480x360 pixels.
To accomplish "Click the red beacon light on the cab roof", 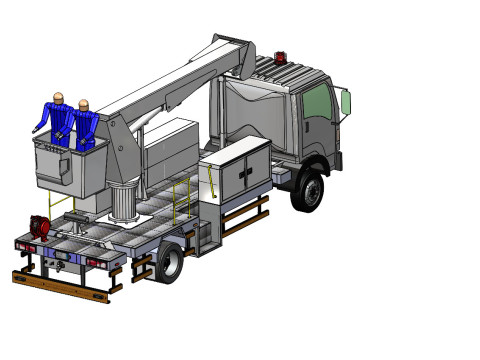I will [280, 56].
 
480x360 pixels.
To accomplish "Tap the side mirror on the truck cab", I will [346, 102].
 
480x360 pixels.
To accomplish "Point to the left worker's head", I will [59, 98].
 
